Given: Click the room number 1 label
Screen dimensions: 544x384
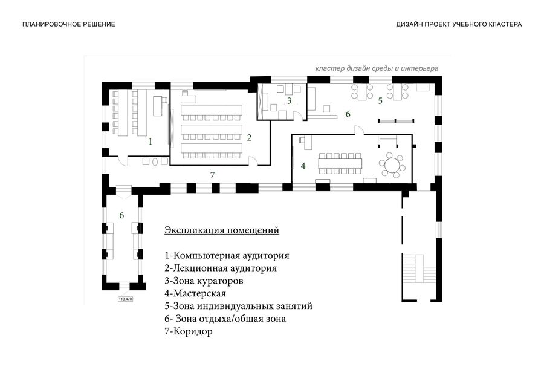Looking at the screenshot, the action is point(151,142).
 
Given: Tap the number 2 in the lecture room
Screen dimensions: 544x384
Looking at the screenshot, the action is point(249,138).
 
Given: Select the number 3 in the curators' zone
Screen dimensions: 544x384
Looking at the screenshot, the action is point(289,101).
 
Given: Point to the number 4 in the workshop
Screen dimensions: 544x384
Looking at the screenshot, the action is point(303,166).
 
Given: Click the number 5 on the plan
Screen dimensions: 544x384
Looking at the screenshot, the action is point(380,101).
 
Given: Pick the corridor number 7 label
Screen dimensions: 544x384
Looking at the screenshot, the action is point(212,175).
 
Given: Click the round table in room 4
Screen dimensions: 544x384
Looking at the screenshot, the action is point(392,165).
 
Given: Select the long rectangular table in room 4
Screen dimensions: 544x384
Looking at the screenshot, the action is point(340,163).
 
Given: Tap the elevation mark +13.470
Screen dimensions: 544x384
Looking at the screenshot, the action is point(125,299).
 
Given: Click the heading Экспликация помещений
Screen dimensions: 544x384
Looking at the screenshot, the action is point(222,230).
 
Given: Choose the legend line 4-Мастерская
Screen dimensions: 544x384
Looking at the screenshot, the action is point(195,293).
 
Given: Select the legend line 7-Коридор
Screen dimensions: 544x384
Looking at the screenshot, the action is point(189,331).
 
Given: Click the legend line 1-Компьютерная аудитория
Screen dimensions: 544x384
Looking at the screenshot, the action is point(227,256).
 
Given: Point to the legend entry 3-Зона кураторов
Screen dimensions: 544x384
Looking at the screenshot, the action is point(204,281).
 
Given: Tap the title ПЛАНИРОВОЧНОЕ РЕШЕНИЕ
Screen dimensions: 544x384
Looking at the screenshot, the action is point(69,24).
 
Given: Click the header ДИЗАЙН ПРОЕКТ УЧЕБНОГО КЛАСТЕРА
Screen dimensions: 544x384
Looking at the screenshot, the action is point(459,24).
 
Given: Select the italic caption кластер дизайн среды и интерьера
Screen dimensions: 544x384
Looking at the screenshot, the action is point(377,68).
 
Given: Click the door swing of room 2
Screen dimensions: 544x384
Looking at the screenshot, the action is point(253,160).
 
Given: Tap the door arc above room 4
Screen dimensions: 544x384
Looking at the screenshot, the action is point(358,129).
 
